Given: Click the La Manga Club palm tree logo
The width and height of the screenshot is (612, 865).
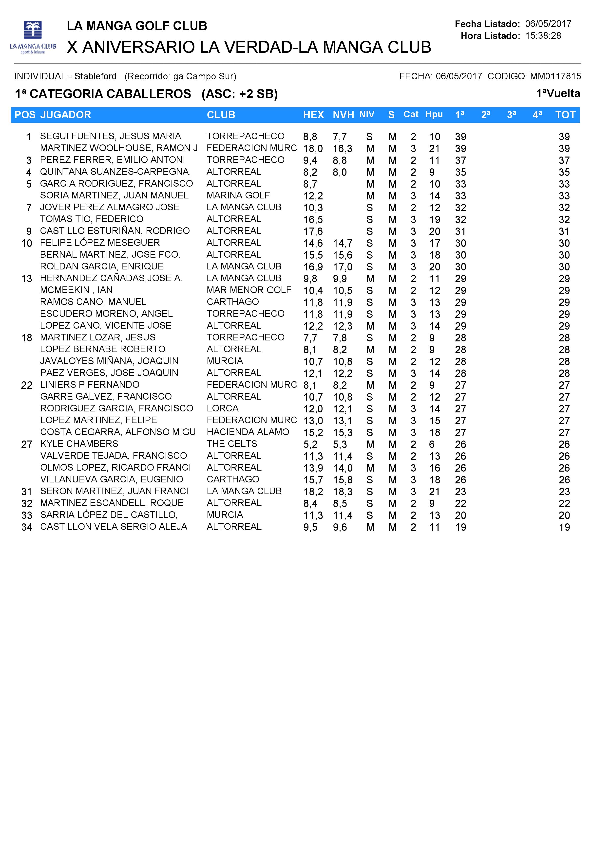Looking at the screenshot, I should point(33,37).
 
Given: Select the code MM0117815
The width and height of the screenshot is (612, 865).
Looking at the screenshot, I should point(555,76).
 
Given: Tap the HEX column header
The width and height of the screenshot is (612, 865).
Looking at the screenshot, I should point(313,115).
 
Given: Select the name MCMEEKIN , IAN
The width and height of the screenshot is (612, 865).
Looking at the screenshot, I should point(76,290).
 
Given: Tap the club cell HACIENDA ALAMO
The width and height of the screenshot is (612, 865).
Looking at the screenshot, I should point(248,432).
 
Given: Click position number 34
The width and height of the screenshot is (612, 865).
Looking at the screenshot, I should point(27,527).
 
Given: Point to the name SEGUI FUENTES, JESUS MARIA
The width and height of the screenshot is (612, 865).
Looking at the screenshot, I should point(111,136).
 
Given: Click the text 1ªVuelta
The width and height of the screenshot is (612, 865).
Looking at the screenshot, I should point(558,93).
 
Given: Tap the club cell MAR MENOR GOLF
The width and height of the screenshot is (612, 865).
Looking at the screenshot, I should point(249,290).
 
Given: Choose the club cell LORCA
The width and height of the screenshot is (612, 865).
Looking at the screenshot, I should point(223,408).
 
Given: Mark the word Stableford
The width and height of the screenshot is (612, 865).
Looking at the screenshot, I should point(96,76).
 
